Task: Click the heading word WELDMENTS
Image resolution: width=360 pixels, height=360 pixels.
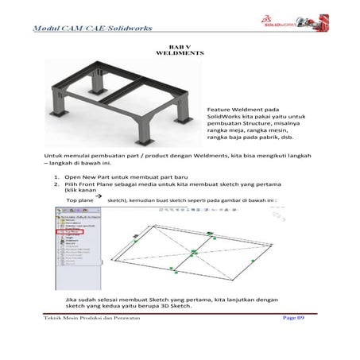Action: [181, 54]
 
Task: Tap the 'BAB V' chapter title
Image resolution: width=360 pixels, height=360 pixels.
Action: [180, 47]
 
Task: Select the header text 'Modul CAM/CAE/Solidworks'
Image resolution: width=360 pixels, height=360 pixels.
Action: [99, 29]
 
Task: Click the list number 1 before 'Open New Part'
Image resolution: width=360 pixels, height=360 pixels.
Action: [56, 177]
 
